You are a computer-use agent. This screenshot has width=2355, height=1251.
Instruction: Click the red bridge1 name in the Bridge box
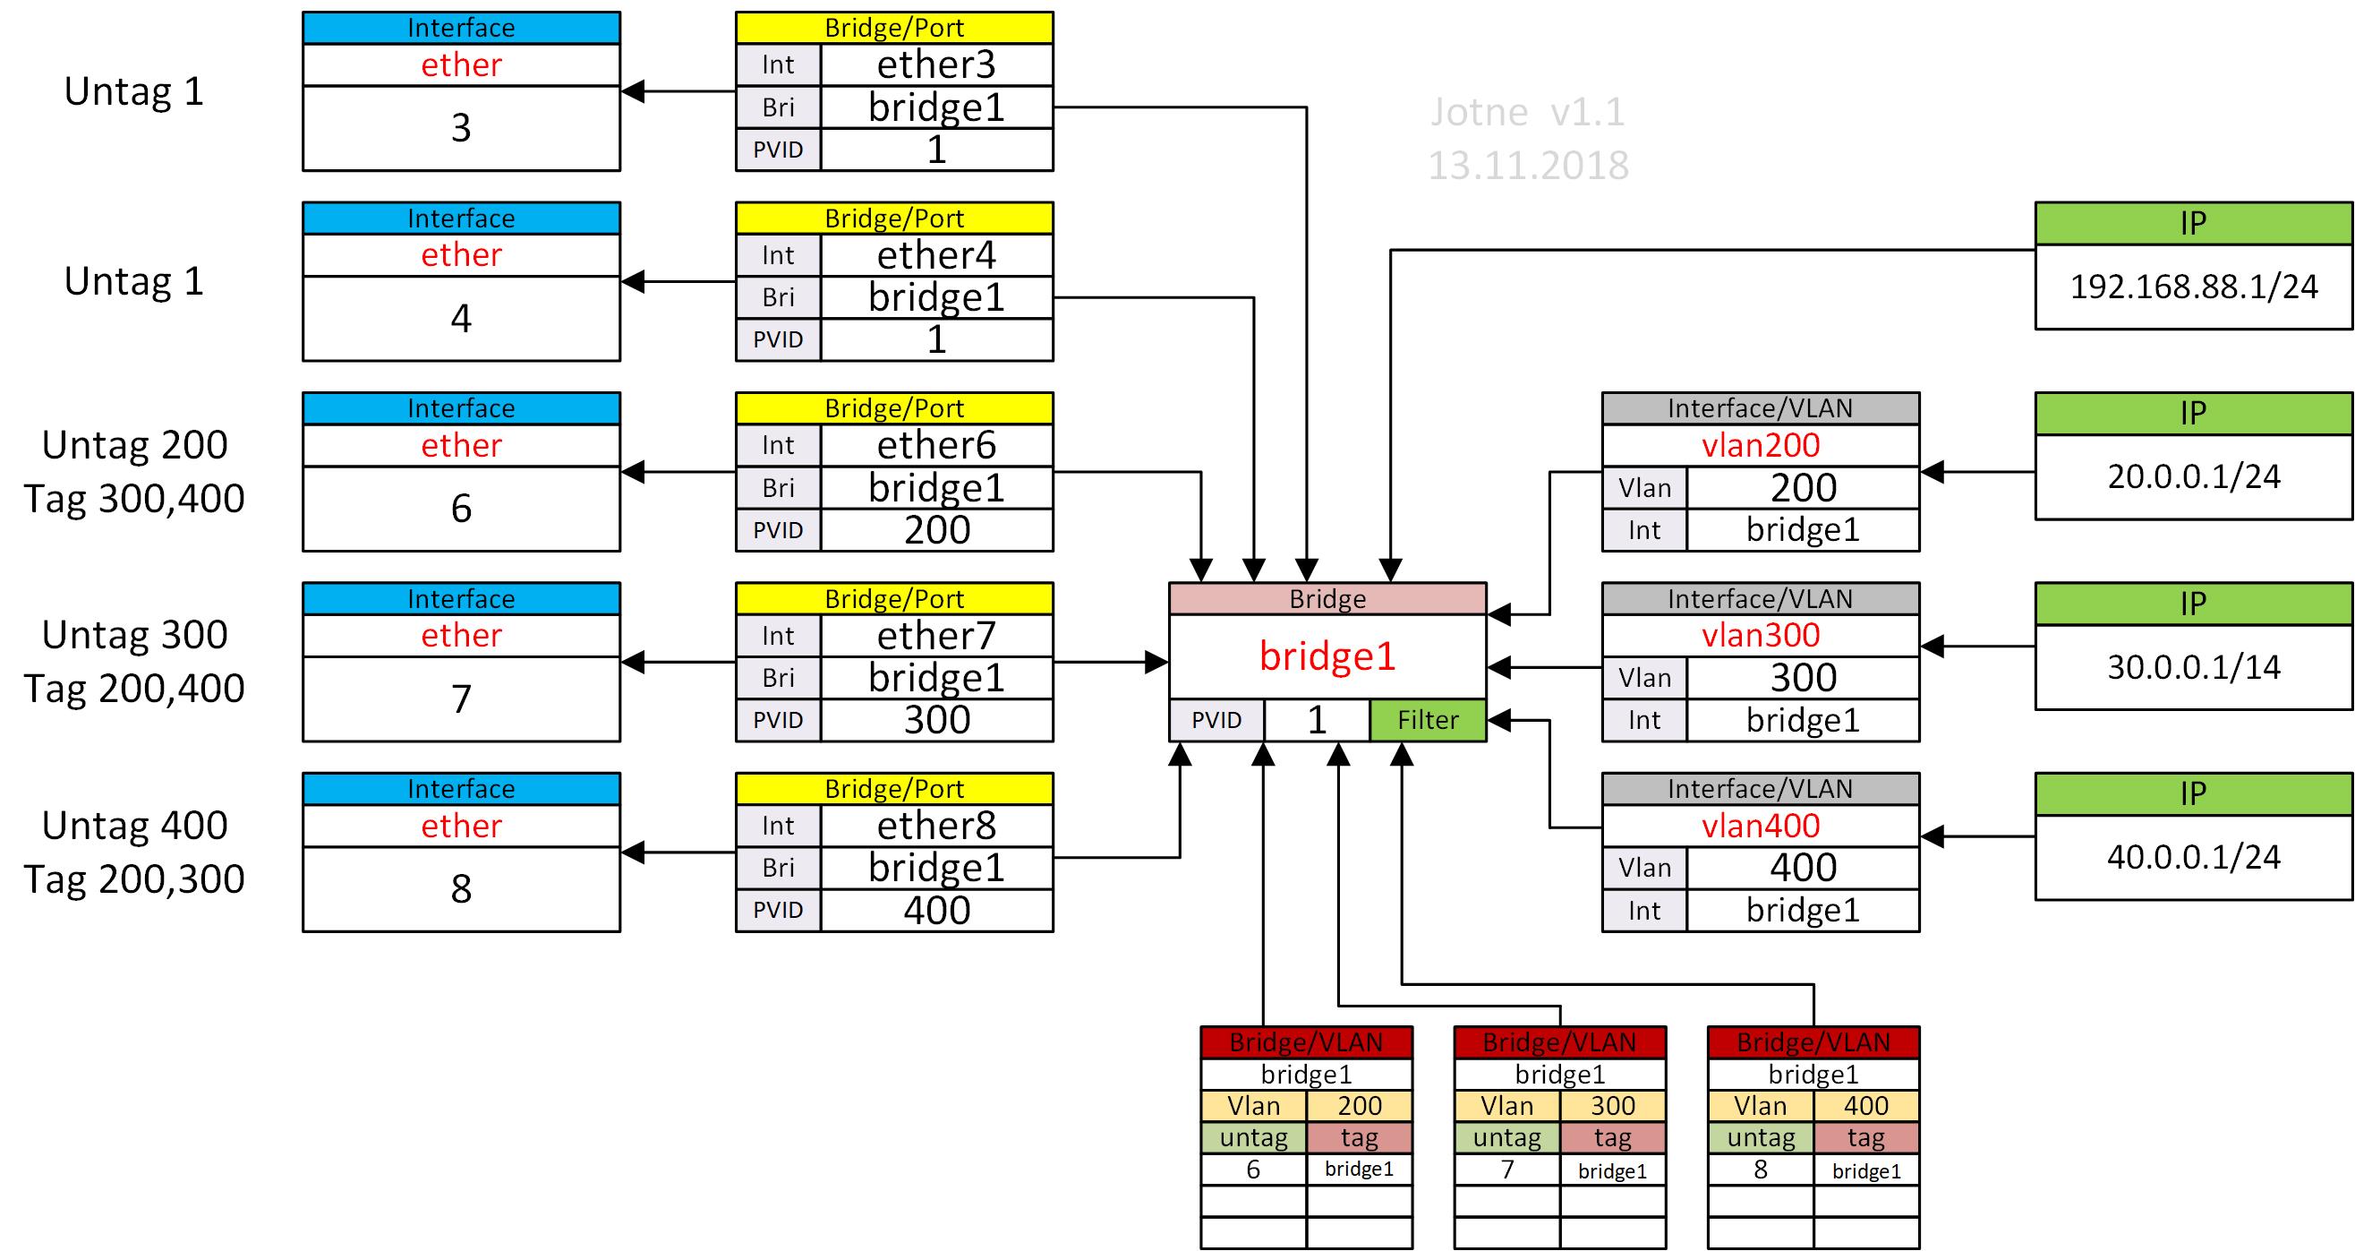pos(1327,656)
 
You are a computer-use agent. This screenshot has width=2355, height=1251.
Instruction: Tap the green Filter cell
pos(1427,721)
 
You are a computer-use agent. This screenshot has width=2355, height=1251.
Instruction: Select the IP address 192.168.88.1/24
pos(2193,287)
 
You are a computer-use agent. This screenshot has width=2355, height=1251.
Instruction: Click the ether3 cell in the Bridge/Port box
pos(936,65)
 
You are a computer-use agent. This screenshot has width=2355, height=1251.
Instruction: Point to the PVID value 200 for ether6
pos(936,530)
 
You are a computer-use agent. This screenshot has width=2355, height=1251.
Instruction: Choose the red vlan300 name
pos(1760,636)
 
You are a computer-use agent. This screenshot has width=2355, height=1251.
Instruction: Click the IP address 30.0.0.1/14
pos(2193,667)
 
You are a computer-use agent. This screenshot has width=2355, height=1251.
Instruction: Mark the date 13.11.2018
pos(1528,167)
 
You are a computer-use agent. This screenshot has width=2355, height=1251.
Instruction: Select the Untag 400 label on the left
pos(134,826)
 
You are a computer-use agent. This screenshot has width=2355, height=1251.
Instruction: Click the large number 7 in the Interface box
pos(461,699)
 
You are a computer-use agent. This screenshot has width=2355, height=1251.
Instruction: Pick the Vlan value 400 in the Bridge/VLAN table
pos(1865,1107)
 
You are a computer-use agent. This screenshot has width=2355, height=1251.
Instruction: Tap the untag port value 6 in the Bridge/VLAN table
pos(1252,1170)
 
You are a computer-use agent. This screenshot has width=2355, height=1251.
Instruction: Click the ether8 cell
pos(936,826)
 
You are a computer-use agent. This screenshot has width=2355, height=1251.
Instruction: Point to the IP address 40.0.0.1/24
pos(2193,858)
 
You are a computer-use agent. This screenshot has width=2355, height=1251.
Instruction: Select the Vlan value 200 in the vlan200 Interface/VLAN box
pos(1802,488)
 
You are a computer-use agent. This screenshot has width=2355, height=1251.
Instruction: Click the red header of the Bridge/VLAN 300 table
pos(1559,1042)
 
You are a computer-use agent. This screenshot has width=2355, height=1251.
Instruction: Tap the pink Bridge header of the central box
pos(1327,599)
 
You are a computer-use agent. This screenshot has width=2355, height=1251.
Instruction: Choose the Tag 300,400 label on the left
pos(134,500)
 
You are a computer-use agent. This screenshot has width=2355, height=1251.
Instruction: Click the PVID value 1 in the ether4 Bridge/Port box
pos(936,340)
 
